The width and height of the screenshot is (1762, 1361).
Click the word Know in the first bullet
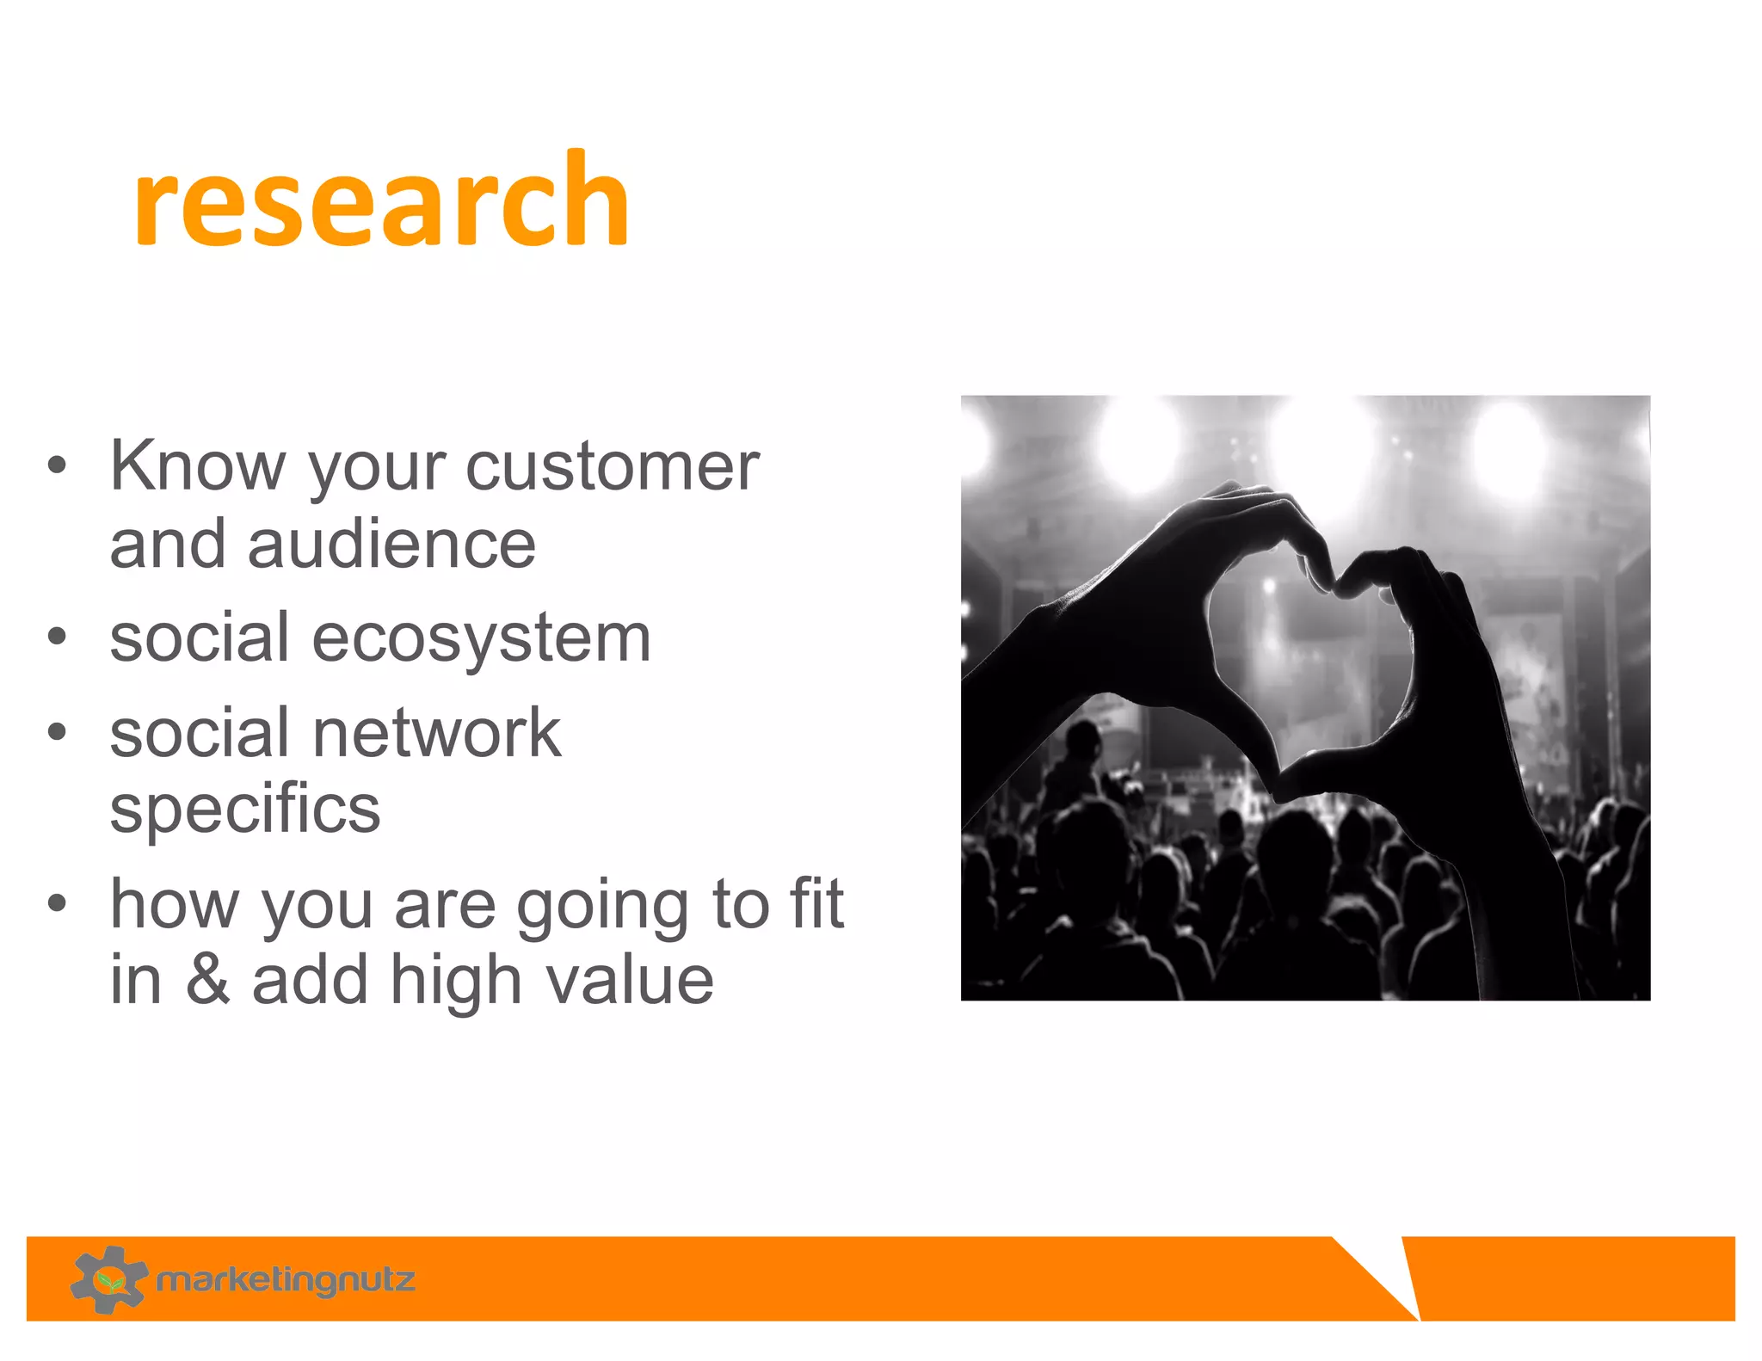pyautogui.click(x=197, y=465)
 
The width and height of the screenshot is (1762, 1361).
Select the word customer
pyautogui.click(x=613, y=465)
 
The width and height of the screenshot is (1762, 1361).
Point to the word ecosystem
pyautogui.click(x=481, y=637)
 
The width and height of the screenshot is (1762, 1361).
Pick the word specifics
pyautogui.click(x=245, y=809)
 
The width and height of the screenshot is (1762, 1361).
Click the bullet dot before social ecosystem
pyautogui.click(x=57, y=637)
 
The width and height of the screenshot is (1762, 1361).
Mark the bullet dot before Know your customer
pyautogui.click(x=57, y=465)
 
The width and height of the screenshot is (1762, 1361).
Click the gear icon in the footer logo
pyautogui.click(x=108, y=1279)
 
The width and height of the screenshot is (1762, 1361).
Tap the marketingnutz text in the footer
pyautogui.click(x=286, y=1280)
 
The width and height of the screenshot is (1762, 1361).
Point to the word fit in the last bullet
pyautogui.click(x=816, y=904)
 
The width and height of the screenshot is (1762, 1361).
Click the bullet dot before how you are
pyautogui.click(x=57, y=904)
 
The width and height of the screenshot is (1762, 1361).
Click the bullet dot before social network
pyautogui.click(x=57, y=732)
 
